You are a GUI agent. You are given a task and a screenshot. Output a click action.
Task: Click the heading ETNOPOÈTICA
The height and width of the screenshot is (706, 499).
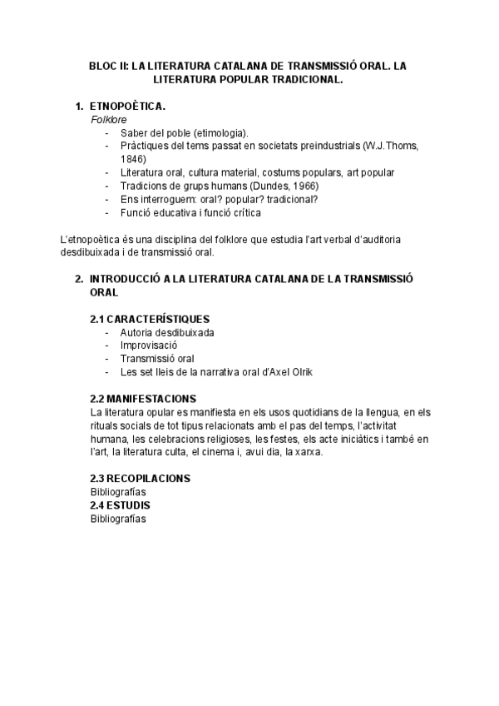127,107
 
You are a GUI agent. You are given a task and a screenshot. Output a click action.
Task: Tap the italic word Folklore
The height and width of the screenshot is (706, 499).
108,120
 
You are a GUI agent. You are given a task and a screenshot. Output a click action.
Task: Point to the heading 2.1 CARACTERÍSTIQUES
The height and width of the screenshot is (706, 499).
150,319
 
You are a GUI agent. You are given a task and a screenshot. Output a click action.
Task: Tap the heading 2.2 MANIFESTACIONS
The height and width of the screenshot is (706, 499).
143,399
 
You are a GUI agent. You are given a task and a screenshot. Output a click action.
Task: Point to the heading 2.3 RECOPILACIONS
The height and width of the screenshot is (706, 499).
141,479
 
